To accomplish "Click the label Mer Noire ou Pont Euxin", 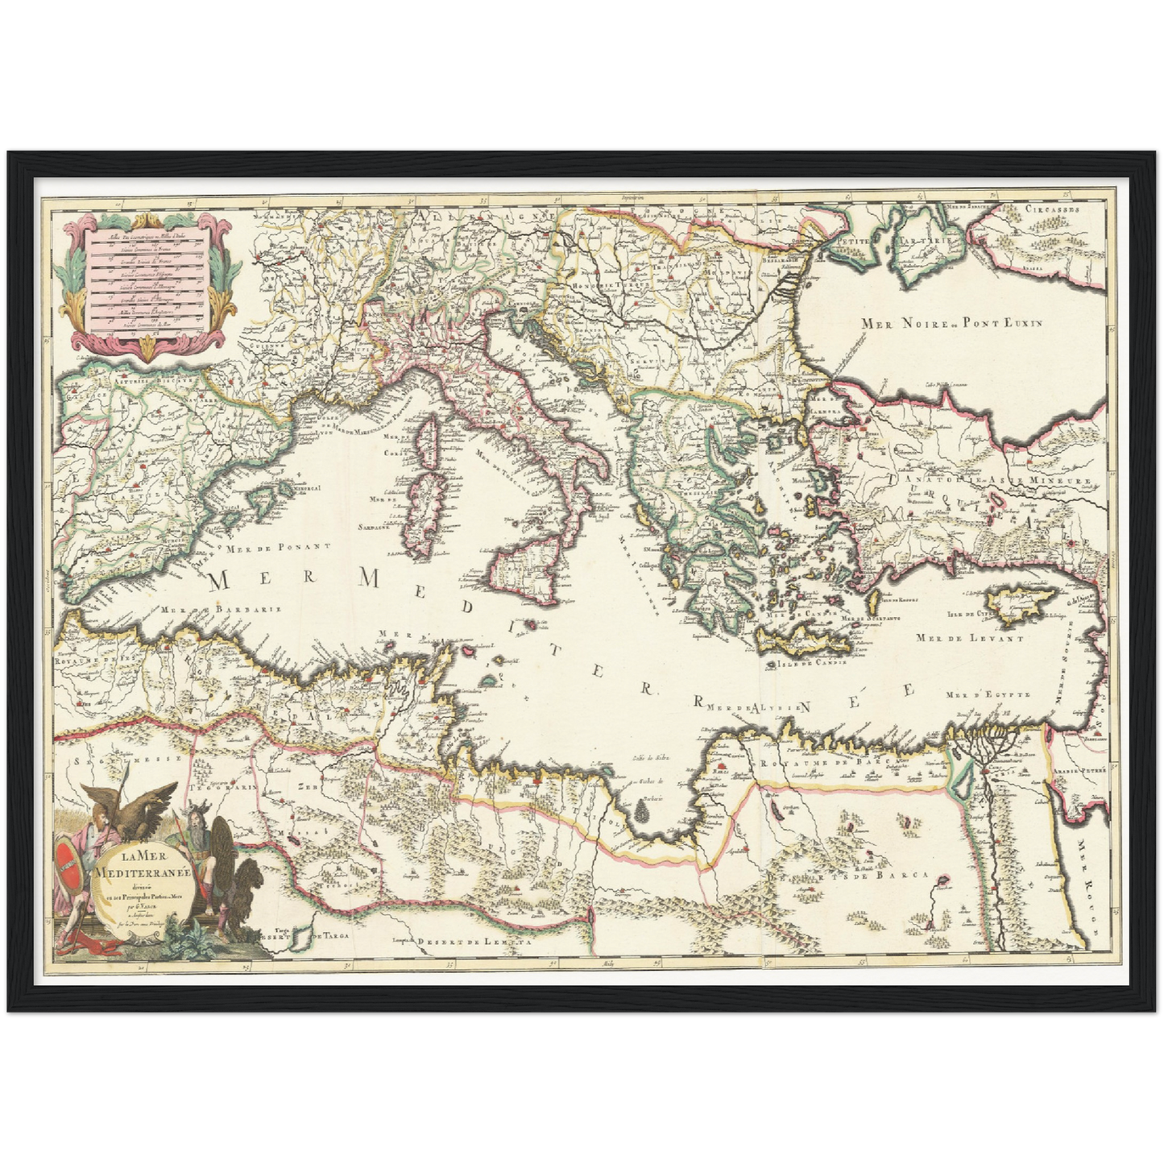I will coord(951,323).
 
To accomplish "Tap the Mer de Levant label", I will coord(969,638).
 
